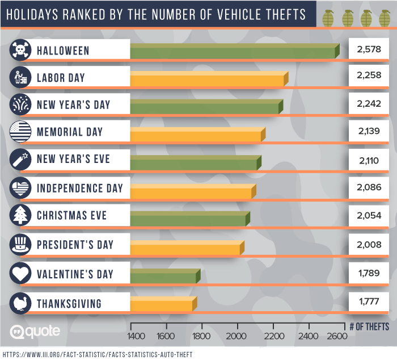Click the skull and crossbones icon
pos(20,51)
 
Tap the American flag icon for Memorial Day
pos(20,132)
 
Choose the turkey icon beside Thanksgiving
pos(20,303)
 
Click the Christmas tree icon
pos(20,216)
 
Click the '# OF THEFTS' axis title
pos(369,326)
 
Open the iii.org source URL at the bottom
pos(96,354)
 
